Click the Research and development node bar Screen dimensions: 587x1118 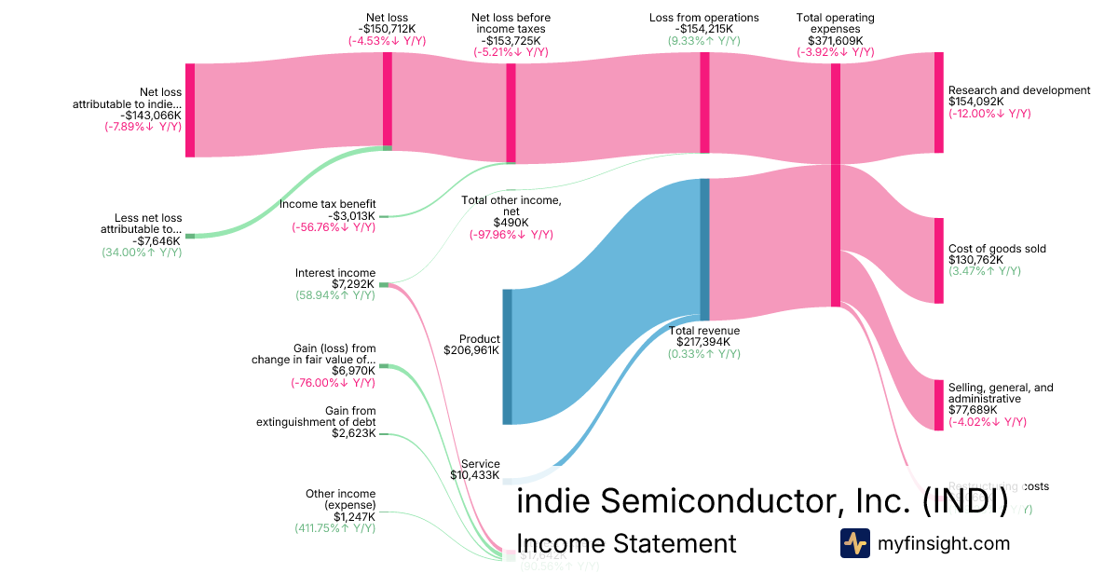coord(939,102)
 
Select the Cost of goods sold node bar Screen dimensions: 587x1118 coord(939,261)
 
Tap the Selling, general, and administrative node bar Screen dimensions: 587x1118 coord(939,405)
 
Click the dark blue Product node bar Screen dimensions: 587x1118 coord(508,357)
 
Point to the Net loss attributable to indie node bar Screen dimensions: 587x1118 coord(190,110)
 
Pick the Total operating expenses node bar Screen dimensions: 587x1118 coord(836,184)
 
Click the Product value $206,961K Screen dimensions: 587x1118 coord(479,351)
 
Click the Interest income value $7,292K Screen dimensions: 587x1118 coord(353,284)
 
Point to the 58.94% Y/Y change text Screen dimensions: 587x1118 coord(334,295)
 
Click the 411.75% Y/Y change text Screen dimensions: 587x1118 coord(334,528)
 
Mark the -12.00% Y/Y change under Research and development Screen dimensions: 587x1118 coord(989,114)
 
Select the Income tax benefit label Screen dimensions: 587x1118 coord(327,204)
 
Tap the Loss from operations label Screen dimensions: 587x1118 coord(703,18)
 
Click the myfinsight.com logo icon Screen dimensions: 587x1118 coord(855,543)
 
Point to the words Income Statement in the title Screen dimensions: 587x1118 coord(625,543)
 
